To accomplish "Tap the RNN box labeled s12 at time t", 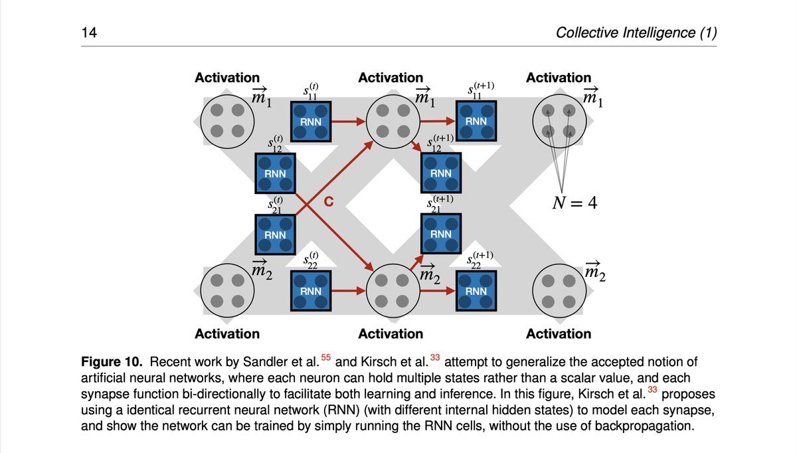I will (x=275, y=173).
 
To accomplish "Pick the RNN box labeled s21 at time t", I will (x=275, y=234).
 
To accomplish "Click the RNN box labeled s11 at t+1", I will (x=476, y=122).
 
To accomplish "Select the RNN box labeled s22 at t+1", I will (x=476, y=290).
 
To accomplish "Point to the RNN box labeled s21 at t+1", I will (x=440, y=234).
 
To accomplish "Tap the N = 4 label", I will (x=575, y=203).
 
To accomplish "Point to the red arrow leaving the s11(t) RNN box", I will (x=348, y=122).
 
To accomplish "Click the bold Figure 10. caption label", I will (x=112, y=362).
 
